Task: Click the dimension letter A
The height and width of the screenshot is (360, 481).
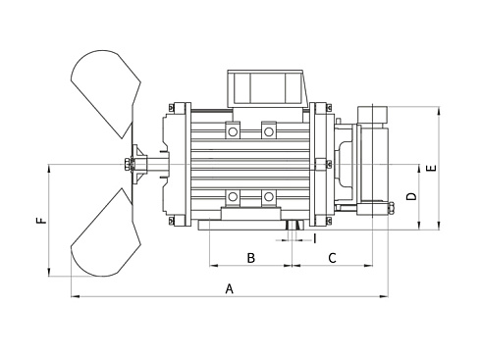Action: tap(230, 288)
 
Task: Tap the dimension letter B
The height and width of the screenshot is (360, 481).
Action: tap(250, 258)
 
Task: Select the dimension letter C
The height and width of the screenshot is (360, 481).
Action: tap(332, 258)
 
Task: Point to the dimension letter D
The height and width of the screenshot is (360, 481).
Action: tap(412, 196)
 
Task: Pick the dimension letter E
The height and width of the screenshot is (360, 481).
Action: tap(432, 169)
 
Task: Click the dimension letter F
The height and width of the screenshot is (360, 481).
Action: tap(41, 221)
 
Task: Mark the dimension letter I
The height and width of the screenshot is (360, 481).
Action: tap(315, 238)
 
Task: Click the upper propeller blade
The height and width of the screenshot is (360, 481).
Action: tap(106, 92)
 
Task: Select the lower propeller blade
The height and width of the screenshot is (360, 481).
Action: tap(106, 233)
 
